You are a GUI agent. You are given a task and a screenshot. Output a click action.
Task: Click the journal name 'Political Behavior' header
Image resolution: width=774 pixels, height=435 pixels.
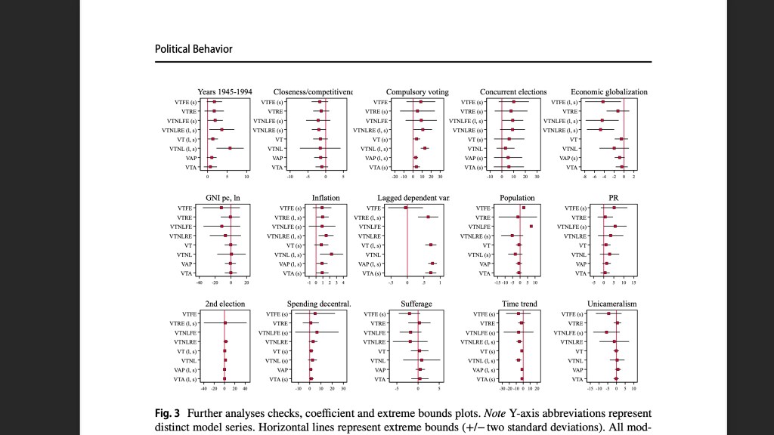coord(193,49)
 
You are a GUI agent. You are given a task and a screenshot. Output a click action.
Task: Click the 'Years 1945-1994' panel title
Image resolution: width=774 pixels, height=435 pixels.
coord(224,92)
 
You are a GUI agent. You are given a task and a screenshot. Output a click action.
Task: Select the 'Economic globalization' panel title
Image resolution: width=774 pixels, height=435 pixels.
coord(608,92)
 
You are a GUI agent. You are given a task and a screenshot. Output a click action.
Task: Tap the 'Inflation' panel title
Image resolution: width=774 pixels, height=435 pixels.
coord(326,198)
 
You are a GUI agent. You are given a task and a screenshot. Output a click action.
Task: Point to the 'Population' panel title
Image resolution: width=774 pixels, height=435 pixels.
coord(517,198)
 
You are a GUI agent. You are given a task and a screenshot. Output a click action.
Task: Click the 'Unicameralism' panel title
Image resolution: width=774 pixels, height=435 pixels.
coord(611,304)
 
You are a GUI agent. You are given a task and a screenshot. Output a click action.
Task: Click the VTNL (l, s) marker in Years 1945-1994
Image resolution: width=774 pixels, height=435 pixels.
coord(230,148)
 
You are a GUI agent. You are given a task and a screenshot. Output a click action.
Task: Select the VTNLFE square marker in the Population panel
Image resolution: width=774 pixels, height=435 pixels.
coord(531,227)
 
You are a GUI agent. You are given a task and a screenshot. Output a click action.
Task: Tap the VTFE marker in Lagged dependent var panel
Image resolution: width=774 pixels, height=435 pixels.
coord(406,208)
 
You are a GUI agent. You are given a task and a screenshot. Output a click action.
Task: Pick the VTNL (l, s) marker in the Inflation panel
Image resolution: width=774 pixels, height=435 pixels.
coord(331,254)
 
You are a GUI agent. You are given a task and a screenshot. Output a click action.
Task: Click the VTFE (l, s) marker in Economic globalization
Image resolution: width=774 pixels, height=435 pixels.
coord(603,102)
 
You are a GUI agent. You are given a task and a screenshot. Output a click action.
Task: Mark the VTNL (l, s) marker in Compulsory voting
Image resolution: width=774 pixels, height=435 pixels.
coord(425,148)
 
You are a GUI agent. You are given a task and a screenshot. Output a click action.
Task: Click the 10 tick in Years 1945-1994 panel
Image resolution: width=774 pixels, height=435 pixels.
coord(246,176)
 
